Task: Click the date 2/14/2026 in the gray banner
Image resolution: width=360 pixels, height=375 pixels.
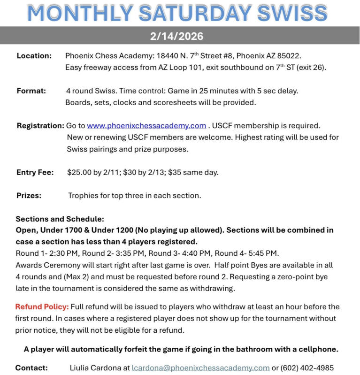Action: pyautogui.click(x=180, y=36)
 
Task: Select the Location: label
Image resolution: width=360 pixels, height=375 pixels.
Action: pyautogui.click(x=34, y=56)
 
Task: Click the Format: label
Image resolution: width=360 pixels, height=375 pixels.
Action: pyautogui.click(x=31, y=91)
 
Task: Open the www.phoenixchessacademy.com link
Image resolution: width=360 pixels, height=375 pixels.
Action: pyautogui.click(x=146, y=126)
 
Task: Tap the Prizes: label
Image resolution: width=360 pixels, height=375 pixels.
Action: pyautogui.click(x=29, y=196)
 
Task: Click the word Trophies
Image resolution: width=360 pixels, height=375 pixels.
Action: pyautogui.click(x=84, y=196)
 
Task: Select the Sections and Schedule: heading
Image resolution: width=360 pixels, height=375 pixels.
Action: pyautogui.click(x=60, y=219)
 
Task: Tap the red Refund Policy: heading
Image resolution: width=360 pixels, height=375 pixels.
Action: pyautogui.click(x=42, y=307)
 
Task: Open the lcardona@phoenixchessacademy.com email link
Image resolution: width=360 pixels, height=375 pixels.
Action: pyautogui.click(x=200, y=368)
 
